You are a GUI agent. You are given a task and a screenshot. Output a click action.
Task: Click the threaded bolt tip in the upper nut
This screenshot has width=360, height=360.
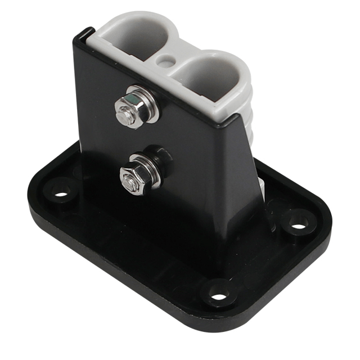tap(124, 116)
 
